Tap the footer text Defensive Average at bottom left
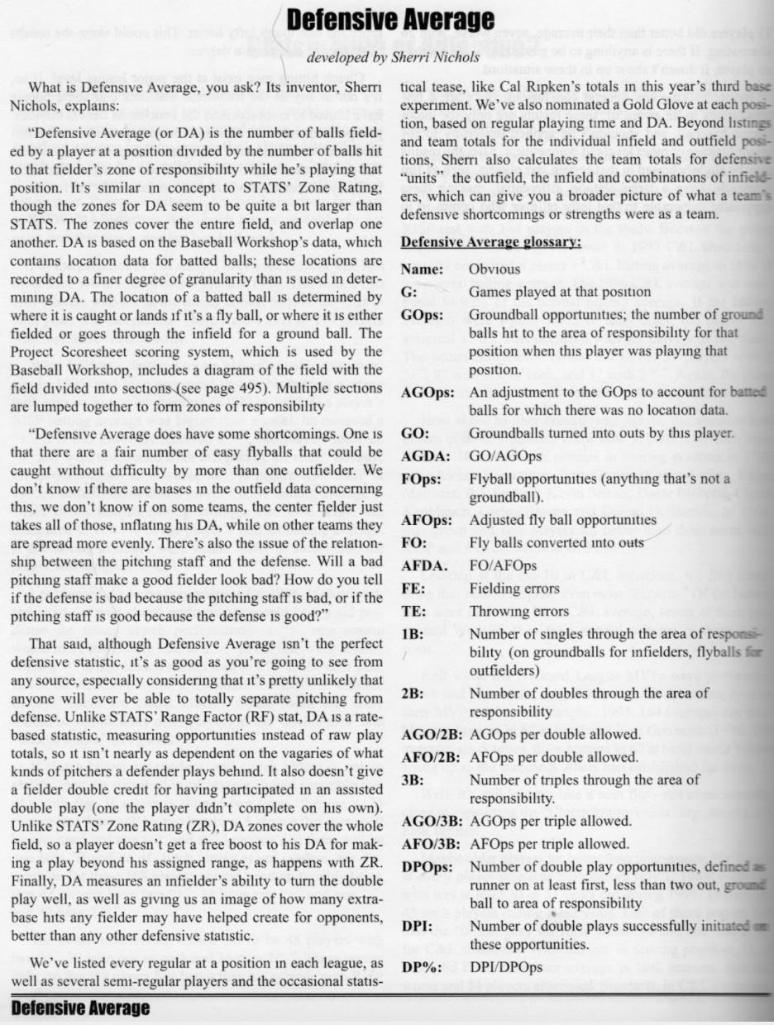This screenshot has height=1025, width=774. [x=80, y=1008]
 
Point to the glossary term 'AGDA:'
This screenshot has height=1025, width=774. [x=423, y=455]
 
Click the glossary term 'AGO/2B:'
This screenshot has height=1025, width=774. [x=431, y=734]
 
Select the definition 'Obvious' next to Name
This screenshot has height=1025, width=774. [x=494, y=269]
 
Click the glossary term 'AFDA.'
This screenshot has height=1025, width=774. [x=422, y=565]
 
